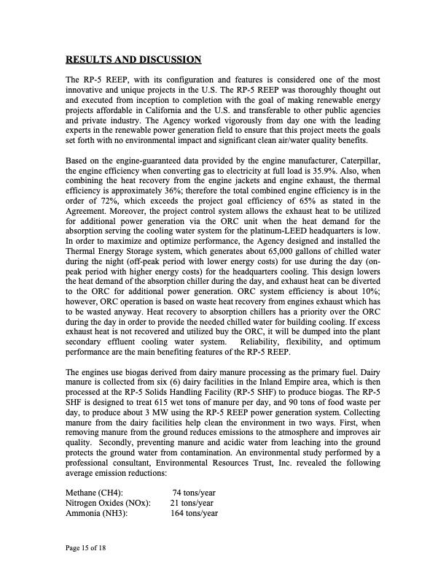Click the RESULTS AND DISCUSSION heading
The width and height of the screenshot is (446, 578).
pos(133,58)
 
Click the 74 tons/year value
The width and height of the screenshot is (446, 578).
pos(193,493)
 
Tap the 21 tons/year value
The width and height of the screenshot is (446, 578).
pos(192,504)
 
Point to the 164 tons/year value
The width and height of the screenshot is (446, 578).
pos(195,514)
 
